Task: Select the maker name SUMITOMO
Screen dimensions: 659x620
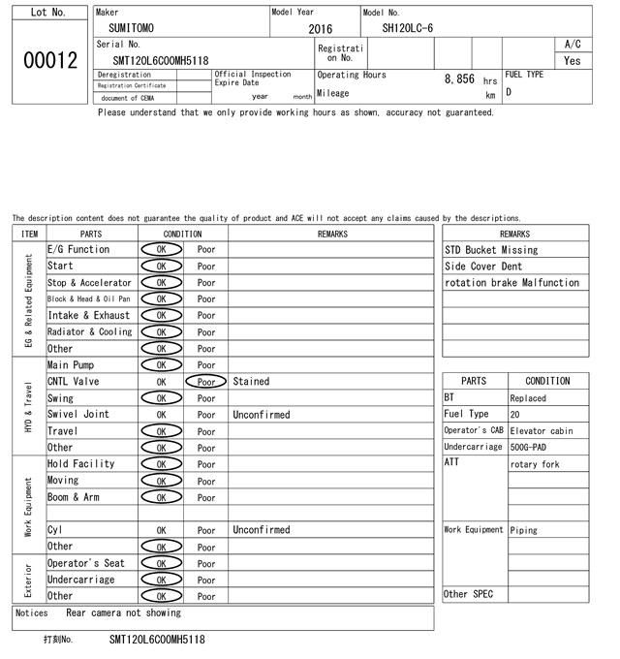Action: point(131,28)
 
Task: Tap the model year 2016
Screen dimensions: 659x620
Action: point(320,29)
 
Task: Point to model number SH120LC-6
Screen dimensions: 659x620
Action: point(408,28)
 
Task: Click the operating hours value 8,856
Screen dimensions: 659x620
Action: point(459,78)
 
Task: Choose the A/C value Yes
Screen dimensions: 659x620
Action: point(573,60)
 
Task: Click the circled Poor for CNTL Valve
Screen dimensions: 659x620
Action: point(206,382)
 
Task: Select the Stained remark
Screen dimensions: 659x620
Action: point(251,382)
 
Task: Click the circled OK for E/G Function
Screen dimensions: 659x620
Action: point(162,249)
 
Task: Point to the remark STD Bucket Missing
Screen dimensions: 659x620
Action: point(491,250)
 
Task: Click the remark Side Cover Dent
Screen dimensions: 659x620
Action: point(483,267)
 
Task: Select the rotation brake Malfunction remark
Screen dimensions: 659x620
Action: point(511,283)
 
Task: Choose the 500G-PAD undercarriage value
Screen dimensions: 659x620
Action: point(532,447)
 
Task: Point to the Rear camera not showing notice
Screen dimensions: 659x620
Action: point(123,613)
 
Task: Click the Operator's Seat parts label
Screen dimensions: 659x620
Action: point(86,563)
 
